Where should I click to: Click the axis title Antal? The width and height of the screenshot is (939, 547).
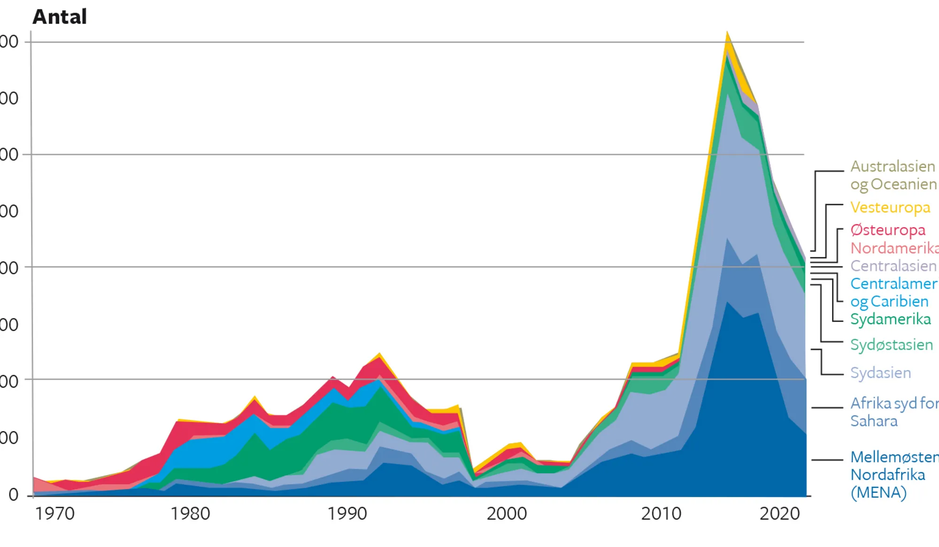coord(60,17)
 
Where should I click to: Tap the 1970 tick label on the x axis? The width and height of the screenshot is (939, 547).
coord(55,514)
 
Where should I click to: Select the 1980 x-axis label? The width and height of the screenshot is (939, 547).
coord(190,514)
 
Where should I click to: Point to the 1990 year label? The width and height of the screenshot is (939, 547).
coord(347,514)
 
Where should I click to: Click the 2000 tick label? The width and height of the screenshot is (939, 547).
coord(507,514)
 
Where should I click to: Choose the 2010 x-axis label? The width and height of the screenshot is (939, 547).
coord(661,514)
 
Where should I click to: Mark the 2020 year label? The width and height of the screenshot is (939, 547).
coord(779,514)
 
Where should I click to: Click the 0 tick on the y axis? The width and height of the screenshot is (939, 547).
coord(14,494)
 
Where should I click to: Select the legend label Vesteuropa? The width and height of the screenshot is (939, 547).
coord(890,208)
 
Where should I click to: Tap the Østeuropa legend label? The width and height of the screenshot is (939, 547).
coord(888,230)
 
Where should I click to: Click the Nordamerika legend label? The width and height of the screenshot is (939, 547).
coord(894,248)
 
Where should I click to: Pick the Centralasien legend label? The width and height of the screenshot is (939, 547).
coord(893,266)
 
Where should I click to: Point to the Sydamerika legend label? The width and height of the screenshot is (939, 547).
coord(891,319)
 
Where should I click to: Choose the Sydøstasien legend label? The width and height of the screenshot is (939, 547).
coord(892,345)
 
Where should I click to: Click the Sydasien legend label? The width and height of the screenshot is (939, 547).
coord(881,373)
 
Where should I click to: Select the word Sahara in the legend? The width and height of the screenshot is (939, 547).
coord(874,421)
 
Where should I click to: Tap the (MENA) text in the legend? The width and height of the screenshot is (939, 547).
coord(878,493)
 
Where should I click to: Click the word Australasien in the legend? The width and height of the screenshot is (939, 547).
coord(893,166)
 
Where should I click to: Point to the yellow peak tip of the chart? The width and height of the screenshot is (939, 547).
coord(727,34)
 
